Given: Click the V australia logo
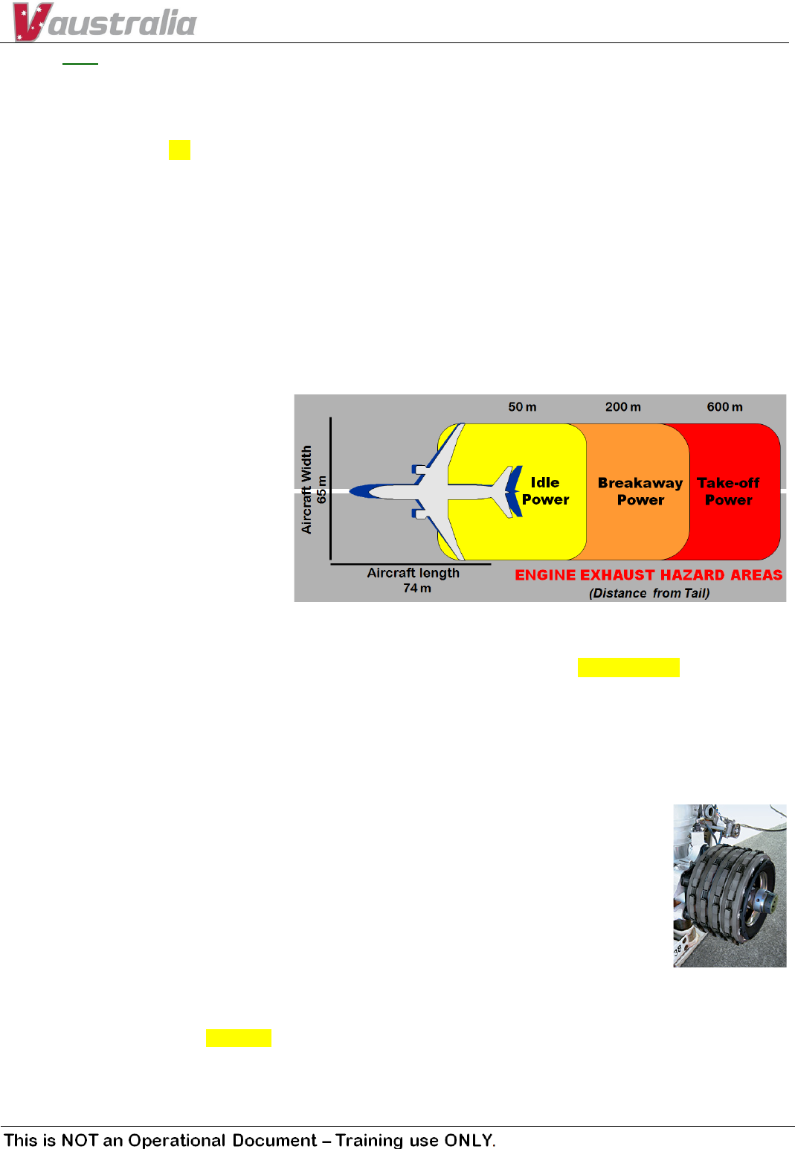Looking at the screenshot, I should pos(104,22).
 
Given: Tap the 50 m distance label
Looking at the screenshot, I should pos(522,407).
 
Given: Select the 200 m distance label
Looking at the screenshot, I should pos(622,407).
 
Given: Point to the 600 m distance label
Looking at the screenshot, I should pos(724,407).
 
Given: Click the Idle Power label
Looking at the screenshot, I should pos(545,491).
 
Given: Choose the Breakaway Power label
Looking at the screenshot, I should pos(640,491).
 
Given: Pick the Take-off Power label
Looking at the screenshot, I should pos(728,491).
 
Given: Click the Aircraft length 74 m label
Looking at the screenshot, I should pos(413,580).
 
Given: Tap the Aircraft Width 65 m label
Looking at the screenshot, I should pos(313,490).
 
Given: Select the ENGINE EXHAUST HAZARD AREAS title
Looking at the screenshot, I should pos(648,575).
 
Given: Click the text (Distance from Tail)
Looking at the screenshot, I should pos(649,593).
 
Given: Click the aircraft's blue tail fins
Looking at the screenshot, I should pos(513,491).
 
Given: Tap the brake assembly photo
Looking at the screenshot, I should pos(730,886).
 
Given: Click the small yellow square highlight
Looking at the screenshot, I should pos(179,150).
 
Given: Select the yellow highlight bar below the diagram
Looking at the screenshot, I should pos(628,667).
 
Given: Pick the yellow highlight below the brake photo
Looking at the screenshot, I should pos(239,1038).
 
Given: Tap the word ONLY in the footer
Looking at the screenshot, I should pos(469,1140).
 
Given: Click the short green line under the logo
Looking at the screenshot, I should pos(80,64).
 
